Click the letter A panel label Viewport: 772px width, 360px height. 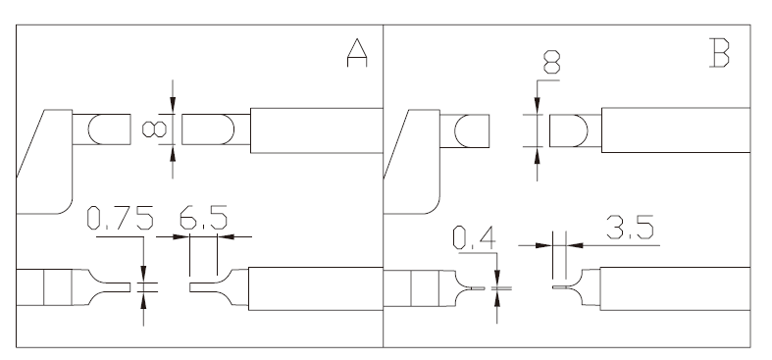coord(357,53)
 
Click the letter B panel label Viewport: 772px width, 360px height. coord(719,53)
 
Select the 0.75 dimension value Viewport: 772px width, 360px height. coord(120,218)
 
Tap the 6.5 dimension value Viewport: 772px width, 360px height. coord(203,218)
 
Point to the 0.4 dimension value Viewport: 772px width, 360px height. coord(474,237)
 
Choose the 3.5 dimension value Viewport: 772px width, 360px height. coord(630,227)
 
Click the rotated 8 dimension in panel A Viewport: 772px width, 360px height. coord(154,129)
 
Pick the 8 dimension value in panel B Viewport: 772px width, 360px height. coord(552,62)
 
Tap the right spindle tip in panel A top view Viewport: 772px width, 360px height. coord(208,129)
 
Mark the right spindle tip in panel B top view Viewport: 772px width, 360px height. coord(569,131)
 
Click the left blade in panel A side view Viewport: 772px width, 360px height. coord(112,287)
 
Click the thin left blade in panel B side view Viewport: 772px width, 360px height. coord(478,288)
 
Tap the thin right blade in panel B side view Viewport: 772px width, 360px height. coord(560,287)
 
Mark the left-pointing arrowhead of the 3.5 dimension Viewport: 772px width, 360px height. coord(575,245)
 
